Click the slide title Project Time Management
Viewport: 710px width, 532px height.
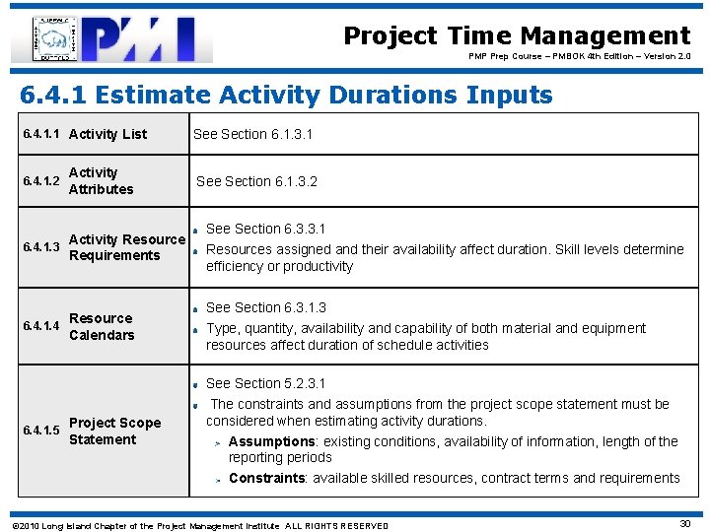coord(517,36)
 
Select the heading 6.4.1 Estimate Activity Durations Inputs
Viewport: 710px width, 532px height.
coord(287,96)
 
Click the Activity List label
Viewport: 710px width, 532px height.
coord(107,134)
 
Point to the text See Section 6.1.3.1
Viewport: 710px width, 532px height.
coord(252,134)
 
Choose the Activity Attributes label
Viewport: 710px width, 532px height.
coord(101,180)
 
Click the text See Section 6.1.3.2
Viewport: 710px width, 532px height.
coord(256,181)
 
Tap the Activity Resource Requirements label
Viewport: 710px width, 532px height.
coord(126,247)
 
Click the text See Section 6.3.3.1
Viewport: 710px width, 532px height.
coord(265,229)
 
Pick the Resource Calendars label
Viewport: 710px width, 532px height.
coord(101,326)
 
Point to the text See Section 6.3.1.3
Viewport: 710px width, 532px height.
coord(265,307)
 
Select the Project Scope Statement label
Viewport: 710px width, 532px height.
coord(114,431)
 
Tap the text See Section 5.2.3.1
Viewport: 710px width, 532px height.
coord(265,383)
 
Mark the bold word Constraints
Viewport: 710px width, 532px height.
coord(266,478)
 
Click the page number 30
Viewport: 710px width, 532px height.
coord(684,524)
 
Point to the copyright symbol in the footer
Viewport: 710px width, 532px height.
coord(13,526)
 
